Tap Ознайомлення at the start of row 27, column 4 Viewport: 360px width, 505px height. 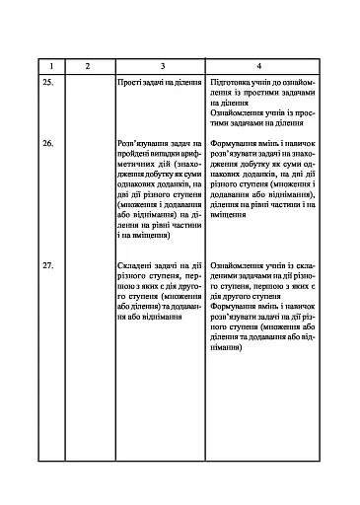(238, 267)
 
